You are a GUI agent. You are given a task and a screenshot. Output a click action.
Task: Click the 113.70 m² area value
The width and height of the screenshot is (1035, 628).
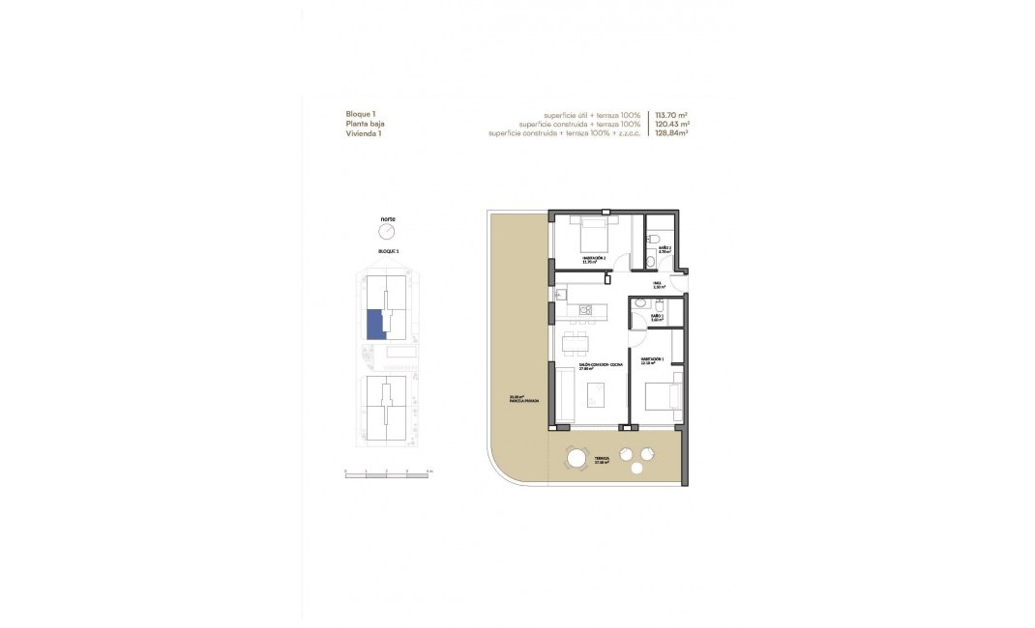pyautogui.click(x=672, y=114)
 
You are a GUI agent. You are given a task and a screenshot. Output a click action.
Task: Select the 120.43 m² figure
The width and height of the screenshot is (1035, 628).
pyautogui.click(x=672, y=124)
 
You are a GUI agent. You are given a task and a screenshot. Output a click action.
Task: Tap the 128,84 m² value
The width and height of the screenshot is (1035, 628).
pyautogui.click(x=672, y=134)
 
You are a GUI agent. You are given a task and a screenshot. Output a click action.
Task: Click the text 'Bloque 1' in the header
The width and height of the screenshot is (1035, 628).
pyautogui.click(x=361, y=114)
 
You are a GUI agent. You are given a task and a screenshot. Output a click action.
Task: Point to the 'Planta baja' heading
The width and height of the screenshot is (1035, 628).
pyautogui.click(x=365, y=124)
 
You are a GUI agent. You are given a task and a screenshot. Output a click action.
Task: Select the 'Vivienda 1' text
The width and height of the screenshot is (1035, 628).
pyautogui.click(x=363, y=134)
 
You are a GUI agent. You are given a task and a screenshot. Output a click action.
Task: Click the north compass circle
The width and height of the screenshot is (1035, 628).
pyautogui.click(x=388, y=233)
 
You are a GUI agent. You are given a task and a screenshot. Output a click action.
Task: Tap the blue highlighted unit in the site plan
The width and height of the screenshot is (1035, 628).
pyautogui.click(x=375, y=325)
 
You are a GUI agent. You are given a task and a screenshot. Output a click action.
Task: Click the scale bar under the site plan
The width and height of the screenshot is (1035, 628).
pyautogui.click(x=390, y=473)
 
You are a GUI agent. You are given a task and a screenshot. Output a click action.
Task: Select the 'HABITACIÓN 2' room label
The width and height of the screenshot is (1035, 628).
pyautogui.click(x=593, y=259)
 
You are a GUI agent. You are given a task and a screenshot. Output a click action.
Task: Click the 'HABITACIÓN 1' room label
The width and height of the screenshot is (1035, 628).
pyautogui.click(x=655, y=361)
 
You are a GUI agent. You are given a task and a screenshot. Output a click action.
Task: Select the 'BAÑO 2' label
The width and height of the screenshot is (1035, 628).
pyautogui.click(x=665, y=249)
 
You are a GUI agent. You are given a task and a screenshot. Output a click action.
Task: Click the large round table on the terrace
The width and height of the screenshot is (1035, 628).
pyautogui.click(x=577, y=458)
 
